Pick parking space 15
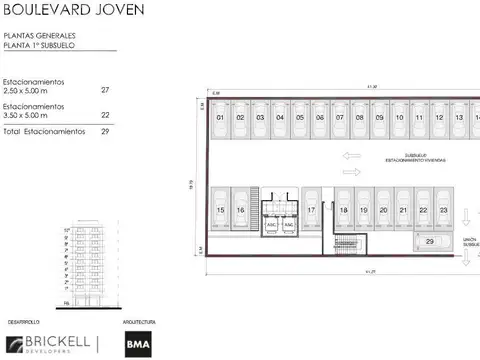tap(220, 210)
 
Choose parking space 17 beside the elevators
tap(312, 210)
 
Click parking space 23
tap(443, 210)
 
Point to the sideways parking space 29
tap(430, 241)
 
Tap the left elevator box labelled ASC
tap(271, 226)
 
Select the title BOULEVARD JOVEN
tap(65, 12)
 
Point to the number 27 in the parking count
tap(106, 89)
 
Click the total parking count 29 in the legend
tap(106, 131)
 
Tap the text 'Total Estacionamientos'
tap(41, 131)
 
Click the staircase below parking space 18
tap(346, 246)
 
